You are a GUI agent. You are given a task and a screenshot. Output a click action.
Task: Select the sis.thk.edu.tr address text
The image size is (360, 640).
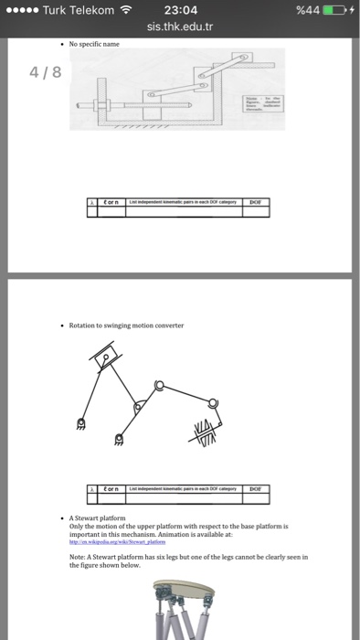click(x=180, y=27)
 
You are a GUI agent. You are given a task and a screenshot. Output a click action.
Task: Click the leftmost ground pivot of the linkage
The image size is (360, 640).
click(x=80, y=422)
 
